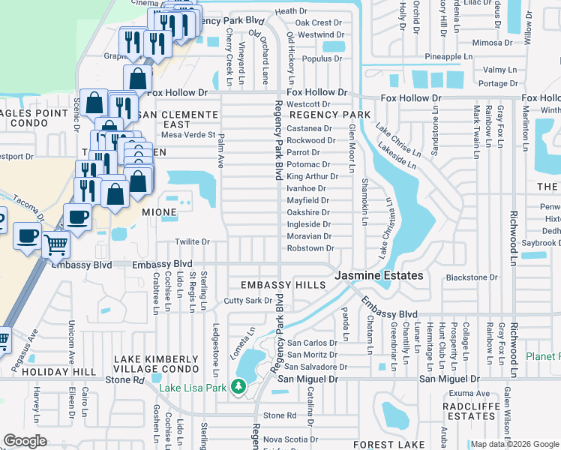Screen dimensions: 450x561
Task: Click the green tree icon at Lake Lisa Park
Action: pyautogui.click(x=239, y=387)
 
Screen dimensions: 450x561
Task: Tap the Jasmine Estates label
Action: pyautogui.click(x=378, y=276)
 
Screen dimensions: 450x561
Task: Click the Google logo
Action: pyautogui.click(x=25, y=441)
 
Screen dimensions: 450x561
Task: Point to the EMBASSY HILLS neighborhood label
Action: pyautogui.click(x=283, y=285)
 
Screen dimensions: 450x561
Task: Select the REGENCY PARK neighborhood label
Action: pyautogui.click(x=330, y=115)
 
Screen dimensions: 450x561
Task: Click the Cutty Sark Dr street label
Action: pyautogui.click(x=247, y=301)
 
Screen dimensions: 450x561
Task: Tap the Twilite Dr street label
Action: pyautogui.click(x=191, y=242)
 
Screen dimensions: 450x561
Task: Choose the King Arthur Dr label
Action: pyautogui.click(x=312, y=176)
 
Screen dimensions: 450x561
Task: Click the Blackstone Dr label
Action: pyautogui.click(x=472, y=277)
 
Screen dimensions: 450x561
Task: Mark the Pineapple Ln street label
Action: pyautogui.click(x=448, y=56)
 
